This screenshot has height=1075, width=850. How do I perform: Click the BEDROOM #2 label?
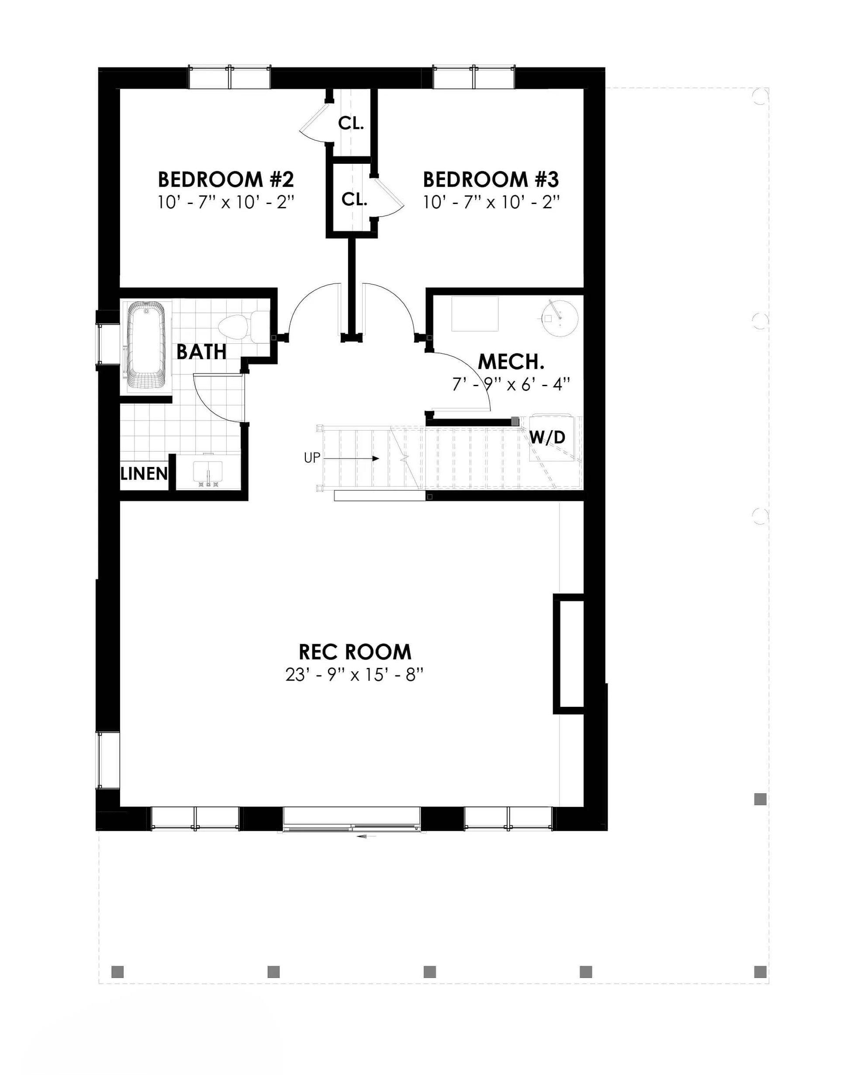click(x=226, y=179)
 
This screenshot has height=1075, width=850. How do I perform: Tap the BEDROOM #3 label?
click(x=491, y=179)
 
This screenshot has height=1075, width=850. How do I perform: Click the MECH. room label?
click(x=511, y=362)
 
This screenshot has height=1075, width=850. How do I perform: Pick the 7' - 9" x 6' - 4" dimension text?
click(x=511, y=384)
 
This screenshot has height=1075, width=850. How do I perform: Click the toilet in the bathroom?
click(x=243, y=326)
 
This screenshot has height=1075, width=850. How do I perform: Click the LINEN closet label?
click(x=144, y=474)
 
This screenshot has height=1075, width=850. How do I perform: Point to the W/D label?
click(x=547, y=437)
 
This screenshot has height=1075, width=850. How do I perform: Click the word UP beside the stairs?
click(x=312, y=458)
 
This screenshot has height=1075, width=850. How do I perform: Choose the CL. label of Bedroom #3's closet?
click(x=354, y=200)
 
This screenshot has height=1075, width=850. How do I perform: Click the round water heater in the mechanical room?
click(x=560, y=317)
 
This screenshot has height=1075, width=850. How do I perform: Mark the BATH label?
click(x=201, y=352)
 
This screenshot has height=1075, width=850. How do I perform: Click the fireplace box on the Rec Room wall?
click(x=568, y=654)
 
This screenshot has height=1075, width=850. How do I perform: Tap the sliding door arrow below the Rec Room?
click(x=366, y=836)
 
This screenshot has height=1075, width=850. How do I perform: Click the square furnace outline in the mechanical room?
click(x=475, y=314)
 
